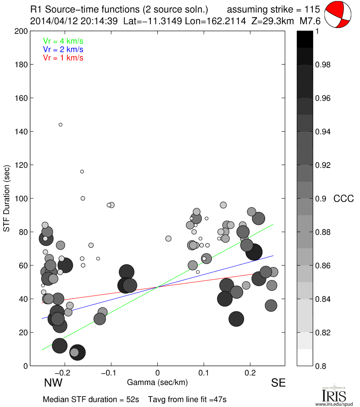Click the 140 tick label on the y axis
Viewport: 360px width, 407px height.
(21, 132)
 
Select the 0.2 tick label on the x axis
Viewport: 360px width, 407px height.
(250, 373)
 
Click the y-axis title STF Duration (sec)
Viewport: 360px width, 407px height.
(7, 198)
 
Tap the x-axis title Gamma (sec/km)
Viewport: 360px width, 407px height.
(157, 382)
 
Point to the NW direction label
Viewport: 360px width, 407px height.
(53, 383)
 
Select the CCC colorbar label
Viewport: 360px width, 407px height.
(343, 199)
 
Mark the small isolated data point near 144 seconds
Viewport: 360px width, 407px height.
(61, 124)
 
